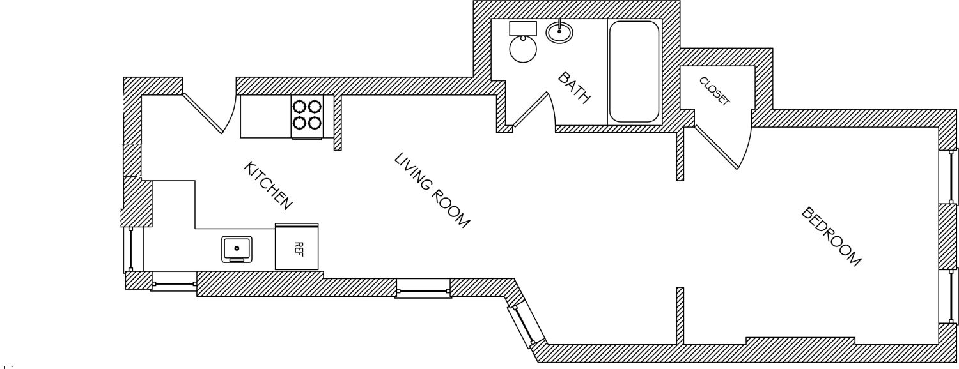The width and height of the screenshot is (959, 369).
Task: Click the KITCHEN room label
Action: (x=268, y=186)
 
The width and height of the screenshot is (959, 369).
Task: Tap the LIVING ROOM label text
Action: (x=432, y=190)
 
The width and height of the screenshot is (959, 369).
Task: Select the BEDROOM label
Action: (x=831, y=236)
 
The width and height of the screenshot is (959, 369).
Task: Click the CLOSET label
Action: (x=714, y=91)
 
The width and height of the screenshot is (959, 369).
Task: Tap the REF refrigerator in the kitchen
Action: (x=297, y=246)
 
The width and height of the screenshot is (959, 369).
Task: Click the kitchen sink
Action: (x=237, y=249)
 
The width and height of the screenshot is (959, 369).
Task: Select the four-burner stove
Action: (x=307, y=117)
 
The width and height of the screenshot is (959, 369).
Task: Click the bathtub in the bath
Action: (x=634, y=72)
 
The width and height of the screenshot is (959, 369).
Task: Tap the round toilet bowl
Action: (x=523, y=49)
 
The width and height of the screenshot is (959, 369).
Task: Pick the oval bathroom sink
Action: (x=559, y=32)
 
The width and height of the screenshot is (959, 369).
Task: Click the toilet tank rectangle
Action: (x=523, y=29)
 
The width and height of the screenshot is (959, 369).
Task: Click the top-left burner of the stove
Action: (x=299, y=105)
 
